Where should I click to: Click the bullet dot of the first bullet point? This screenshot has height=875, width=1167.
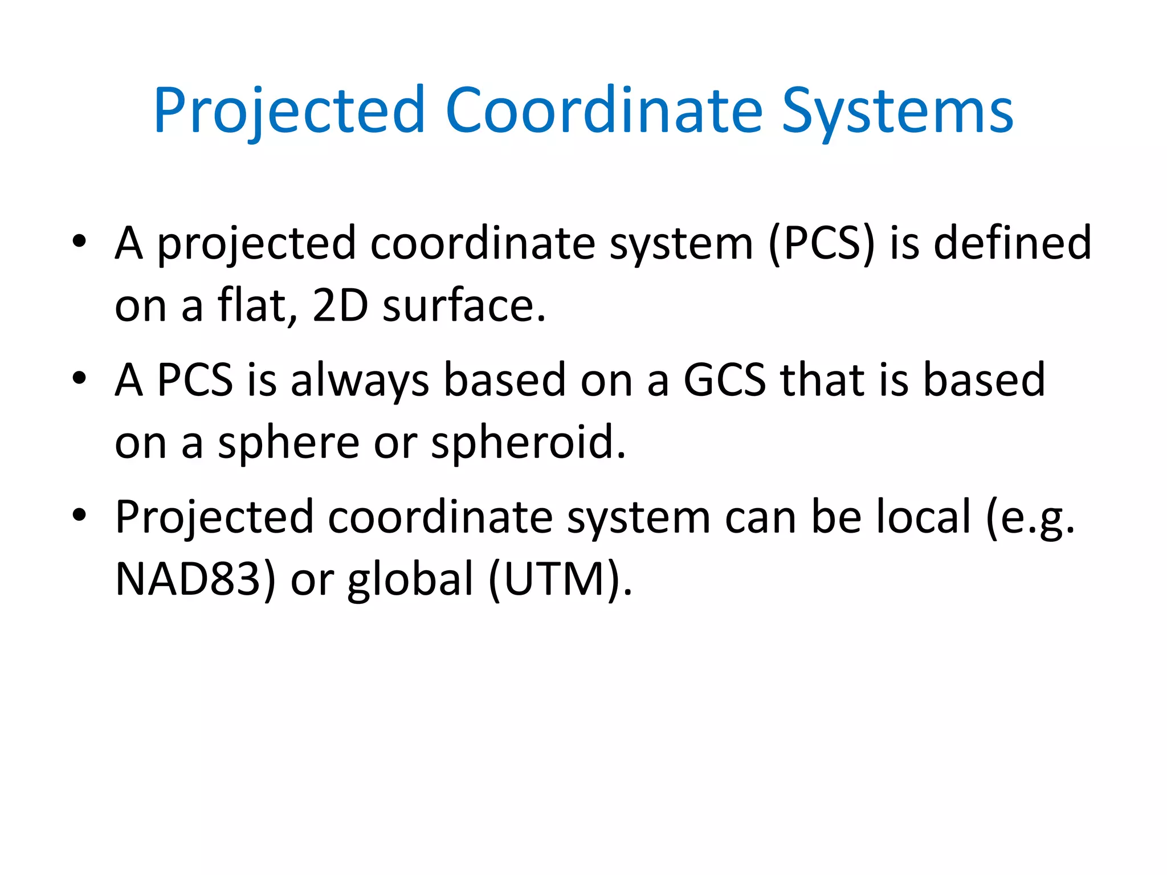79,242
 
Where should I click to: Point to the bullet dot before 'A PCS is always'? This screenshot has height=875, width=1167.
79,378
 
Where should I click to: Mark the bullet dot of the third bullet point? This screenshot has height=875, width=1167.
79,515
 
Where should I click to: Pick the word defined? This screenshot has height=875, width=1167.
1013,243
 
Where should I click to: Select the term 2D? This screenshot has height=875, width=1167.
340,305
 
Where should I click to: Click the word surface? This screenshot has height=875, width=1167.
463,306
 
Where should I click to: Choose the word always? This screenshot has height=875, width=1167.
360,381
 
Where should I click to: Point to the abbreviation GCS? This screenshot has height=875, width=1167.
724,379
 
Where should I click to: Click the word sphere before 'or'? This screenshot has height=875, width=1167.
288,443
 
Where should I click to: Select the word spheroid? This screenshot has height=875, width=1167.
528,443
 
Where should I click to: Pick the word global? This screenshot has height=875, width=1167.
411,579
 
